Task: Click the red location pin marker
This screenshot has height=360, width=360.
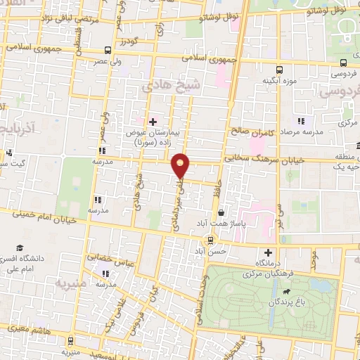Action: point(181,165)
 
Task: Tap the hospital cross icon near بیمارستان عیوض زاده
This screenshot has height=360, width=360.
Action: point(153,121)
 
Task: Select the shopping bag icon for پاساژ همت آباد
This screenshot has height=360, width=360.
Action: point(221,212)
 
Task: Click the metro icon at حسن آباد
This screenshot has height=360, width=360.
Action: point(211,239)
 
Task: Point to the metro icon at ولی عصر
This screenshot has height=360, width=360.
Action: point(107,50)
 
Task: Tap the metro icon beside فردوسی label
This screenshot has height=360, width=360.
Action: point(280,70)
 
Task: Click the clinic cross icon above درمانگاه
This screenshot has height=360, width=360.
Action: point(266,252)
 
